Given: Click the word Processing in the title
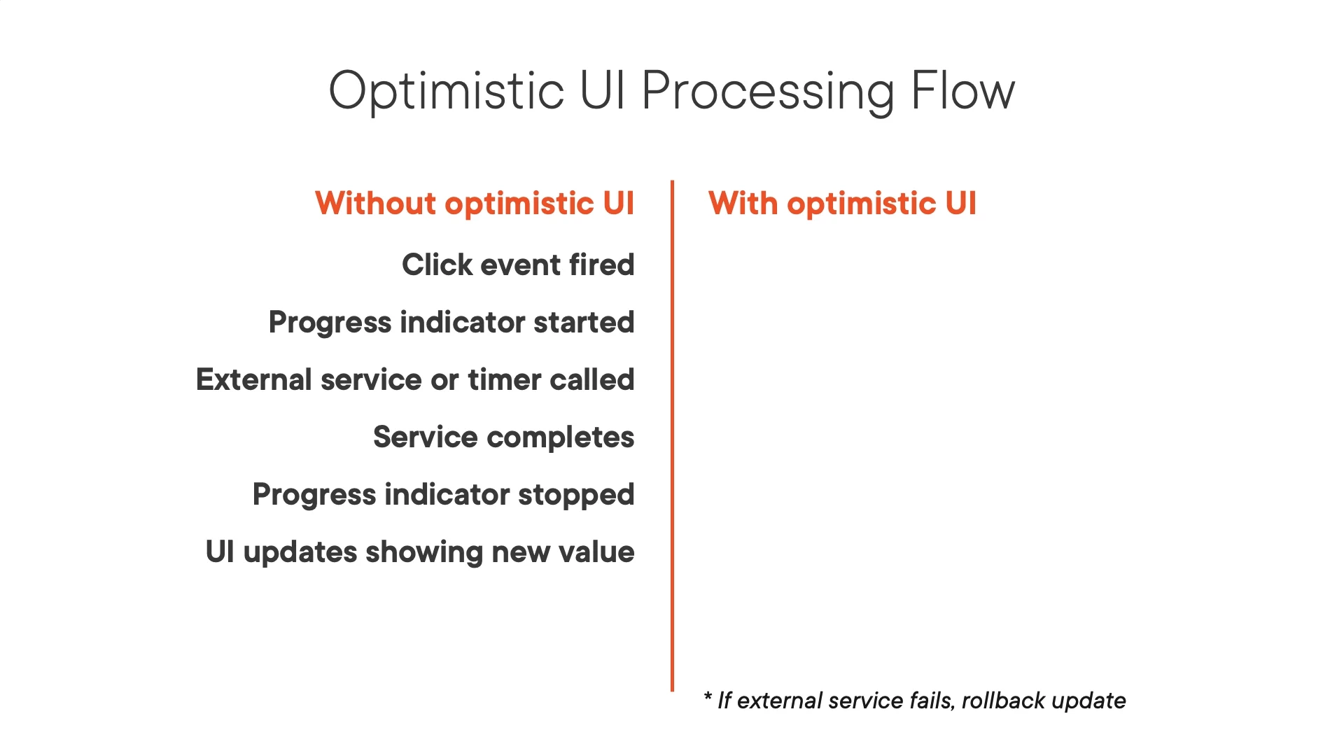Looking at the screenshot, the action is tap(768, 92).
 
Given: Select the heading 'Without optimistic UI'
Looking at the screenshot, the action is tap(475, 204).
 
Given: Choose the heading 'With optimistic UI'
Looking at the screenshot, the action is tap(842, 204).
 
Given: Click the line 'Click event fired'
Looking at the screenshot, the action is tap(518, 265).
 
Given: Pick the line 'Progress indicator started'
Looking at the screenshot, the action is tap(451, 323).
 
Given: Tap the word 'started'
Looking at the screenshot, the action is tap(584, 323).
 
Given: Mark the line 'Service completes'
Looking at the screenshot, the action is tap(504, 437).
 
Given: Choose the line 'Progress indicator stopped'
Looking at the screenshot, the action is tap(444, 495).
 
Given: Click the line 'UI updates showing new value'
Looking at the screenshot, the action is tap(420, 552).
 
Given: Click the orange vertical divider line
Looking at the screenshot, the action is tap(672, 436).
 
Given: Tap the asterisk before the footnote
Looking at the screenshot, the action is tap(708, 696).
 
